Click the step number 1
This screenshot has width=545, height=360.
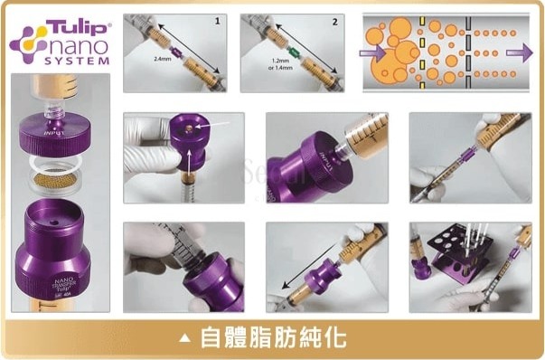pos(218,19)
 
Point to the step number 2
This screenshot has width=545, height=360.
pos(334,19)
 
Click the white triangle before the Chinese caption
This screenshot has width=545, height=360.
pos(185,338)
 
